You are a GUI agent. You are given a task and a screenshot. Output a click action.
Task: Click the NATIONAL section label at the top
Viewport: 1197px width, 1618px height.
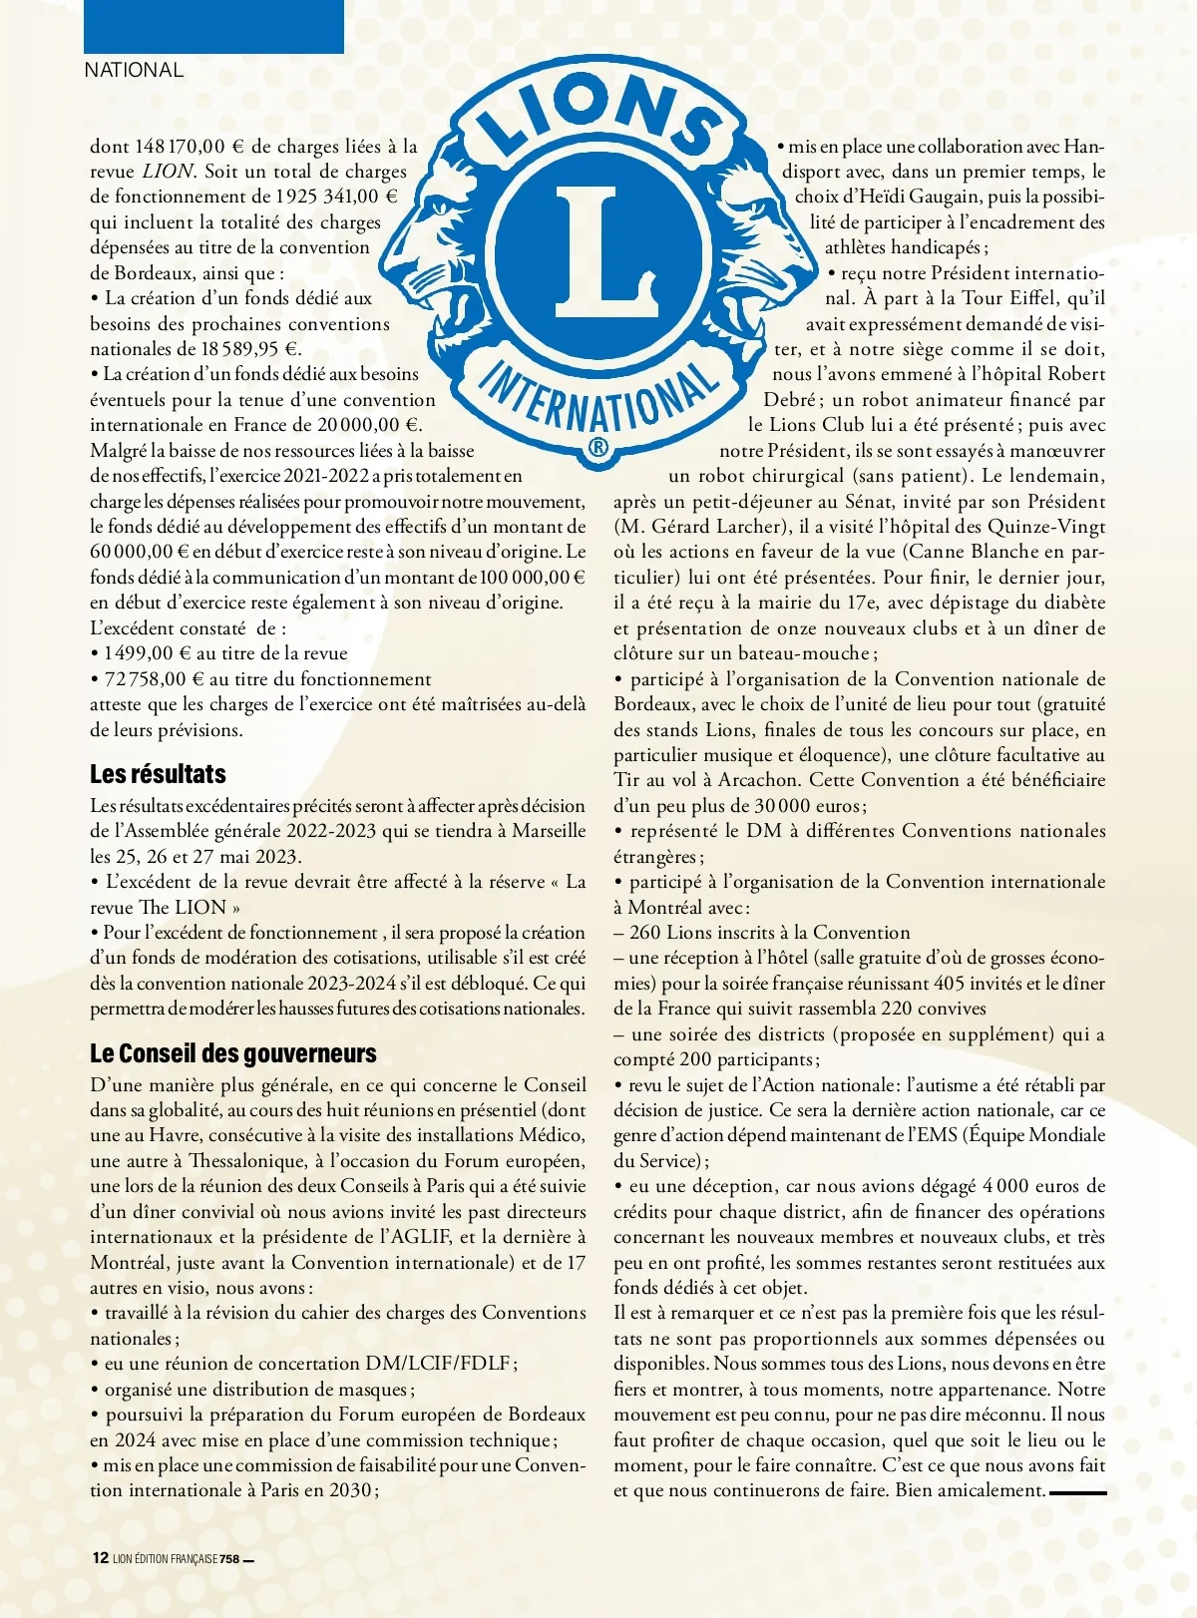click(x=134, y=70)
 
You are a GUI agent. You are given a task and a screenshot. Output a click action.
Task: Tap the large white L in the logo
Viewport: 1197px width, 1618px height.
click(x=600, y=249)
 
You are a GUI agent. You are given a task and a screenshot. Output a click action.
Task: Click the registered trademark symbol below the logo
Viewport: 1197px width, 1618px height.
click(x=598, y=447)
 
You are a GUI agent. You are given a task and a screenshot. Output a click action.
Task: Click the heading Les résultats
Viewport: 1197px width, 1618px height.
click(x=158, y=774)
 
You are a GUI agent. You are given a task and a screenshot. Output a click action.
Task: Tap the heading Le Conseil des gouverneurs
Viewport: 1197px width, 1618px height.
click(x=232, y=1053)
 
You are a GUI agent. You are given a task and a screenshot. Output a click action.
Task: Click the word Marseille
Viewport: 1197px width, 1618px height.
click(x=549, y=831)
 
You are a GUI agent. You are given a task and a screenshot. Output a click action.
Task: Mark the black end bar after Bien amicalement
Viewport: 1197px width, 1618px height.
click(x=1077, y=1492)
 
